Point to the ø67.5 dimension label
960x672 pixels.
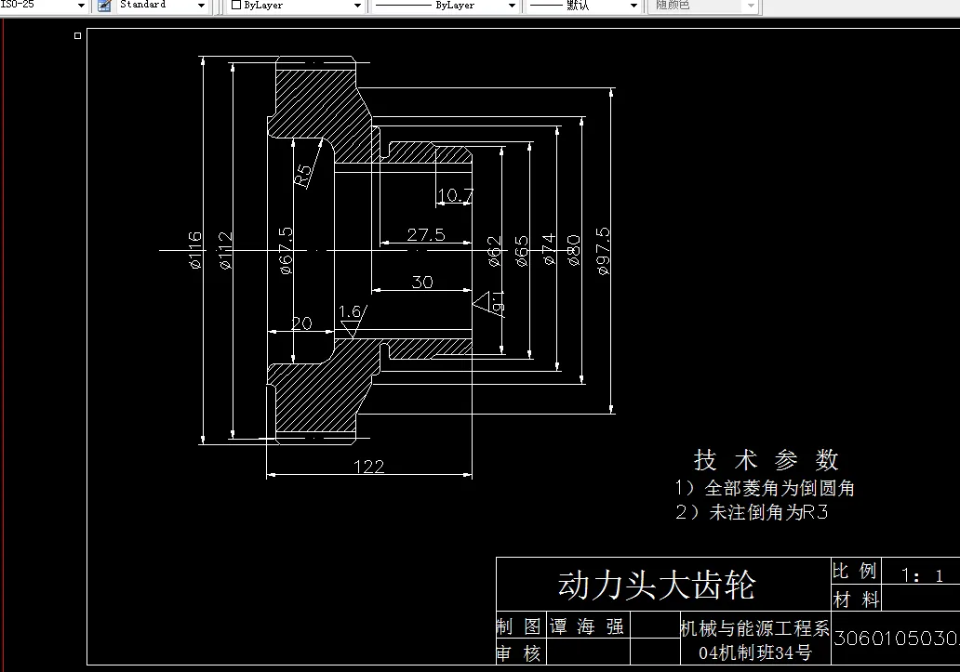point(287,251)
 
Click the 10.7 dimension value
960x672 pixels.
point(455,196)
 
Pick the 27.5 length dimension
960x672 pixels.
point(426,235)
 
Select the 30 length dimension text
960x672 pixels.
point(422,282)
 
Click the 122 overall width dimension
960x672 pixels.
point(369,467)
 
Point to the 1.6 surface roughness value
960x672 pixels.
point(350,312)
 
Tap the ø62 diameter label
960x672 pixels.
point(495,251)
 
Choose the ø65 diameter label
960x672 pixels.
point(522,251)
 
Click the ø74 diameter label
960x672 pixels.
point(548,251)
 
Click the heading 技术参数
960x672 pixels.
point(767,459)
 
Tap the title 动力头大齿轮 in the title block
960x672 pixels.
point(656,586)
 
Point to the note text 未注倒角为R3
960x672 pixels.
point(768,512)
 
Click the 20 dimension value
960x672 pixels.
point(301,323)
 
